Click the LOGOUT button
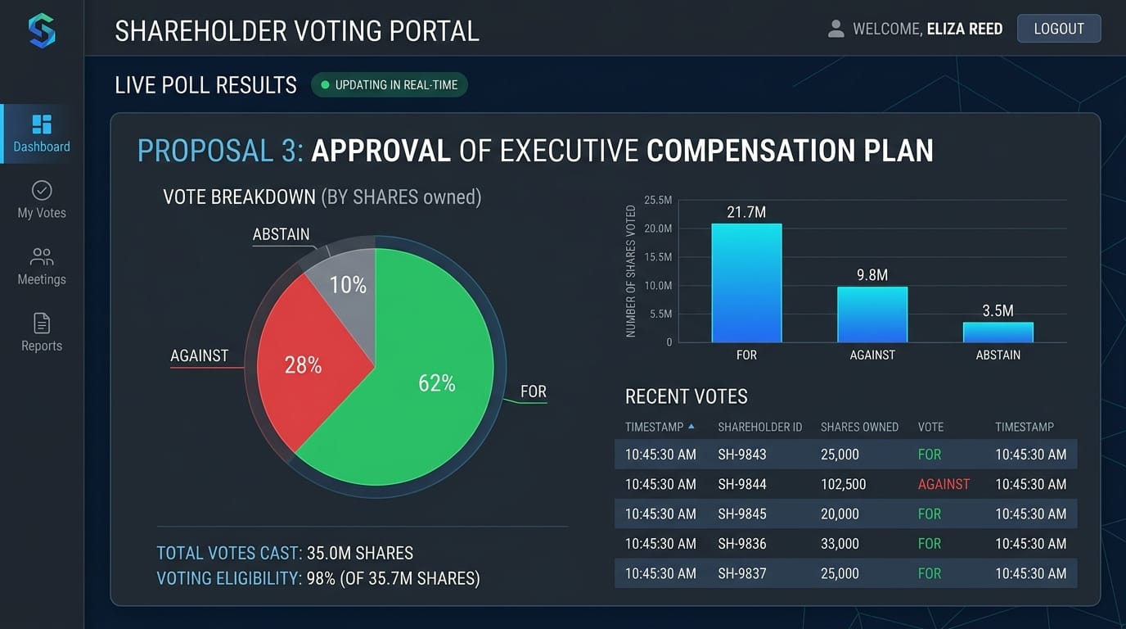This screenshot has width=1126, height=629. click(1058, 29)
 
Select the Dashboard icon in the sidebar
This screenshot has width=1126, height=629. click(42, 124)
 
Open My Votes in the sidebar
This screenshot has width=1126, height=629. click(42, 191)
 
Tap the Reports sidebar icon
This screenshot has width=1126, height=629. click(42, 324)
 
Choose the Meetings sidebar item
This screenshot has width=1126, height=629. click(42, 257)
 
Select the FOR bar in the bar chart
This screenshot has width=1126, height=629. click(746, 283)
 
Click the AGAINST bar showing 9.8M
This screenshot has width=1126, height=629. click(872, 314)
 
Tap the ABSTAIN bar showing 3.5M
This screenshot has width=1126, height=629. click(998, 333)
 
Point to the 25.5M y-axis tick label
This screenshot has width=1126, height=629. click(658, 200)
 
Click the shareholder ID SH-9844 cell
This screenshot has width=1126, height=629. click(742, 484)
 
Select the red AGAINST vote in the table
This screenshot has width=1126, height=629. click(944, 484)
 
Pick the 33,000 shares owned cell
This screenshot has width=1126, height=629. click(840, 544)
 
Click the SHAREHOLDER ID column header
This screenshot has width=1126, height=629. click(759, 427)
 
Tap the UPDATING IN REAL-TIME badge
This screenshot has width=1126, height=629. click(390, 85)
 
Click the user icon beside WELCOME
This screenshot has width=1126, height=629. click(835, 29)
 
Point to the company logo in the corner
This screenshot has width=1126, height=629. click(42, 31)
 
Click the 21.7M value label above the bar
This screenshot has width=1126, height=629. click(746, 213)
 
